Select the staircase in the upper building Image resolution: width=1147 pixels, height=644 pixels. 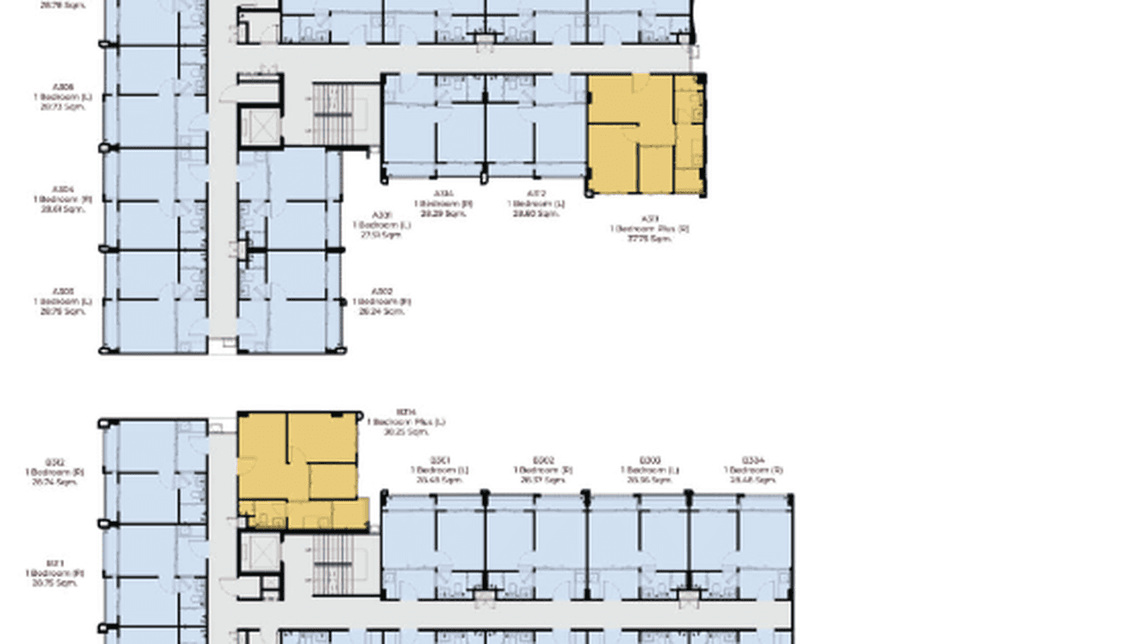pyautogui.click(x=333, y=113)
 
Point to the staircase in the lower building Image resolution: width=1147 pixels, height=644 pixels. pyautogui.click(x=332, y=564)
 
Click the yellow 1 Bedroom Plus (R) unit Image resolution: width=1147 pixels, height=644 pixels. pyautogui.click(x=645, y=134)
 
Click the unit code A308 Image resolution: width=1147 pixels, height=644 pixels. pyautogui.click(x=62, y=87)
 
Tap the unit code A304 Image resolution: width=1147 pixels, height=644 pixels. pyautogui.click(x=62, y=189)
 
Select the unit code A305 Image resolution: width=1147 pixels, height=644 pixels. pyautogui.click(x=62, y=291)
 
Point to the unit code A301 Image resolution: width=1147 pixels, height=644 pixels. pyautogui.click(x=381, y=214)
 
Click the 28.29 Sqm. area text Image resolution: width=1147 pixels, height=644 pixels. pyautogui.click(x=444, y=214)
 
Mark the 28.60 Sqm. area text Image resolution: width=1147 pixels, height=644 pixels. pyautogui.click(x=536, y=214)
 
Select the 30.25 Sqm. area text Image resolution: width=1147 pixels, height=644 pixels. pyautogui.click(x=406, y=432)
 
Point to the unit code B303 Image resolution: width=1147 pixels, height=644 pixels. pyautogui.click(x=649, y=460)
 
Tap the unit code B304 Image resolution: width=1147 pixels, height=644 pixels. pyautogui.click(x=752, y=460)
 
